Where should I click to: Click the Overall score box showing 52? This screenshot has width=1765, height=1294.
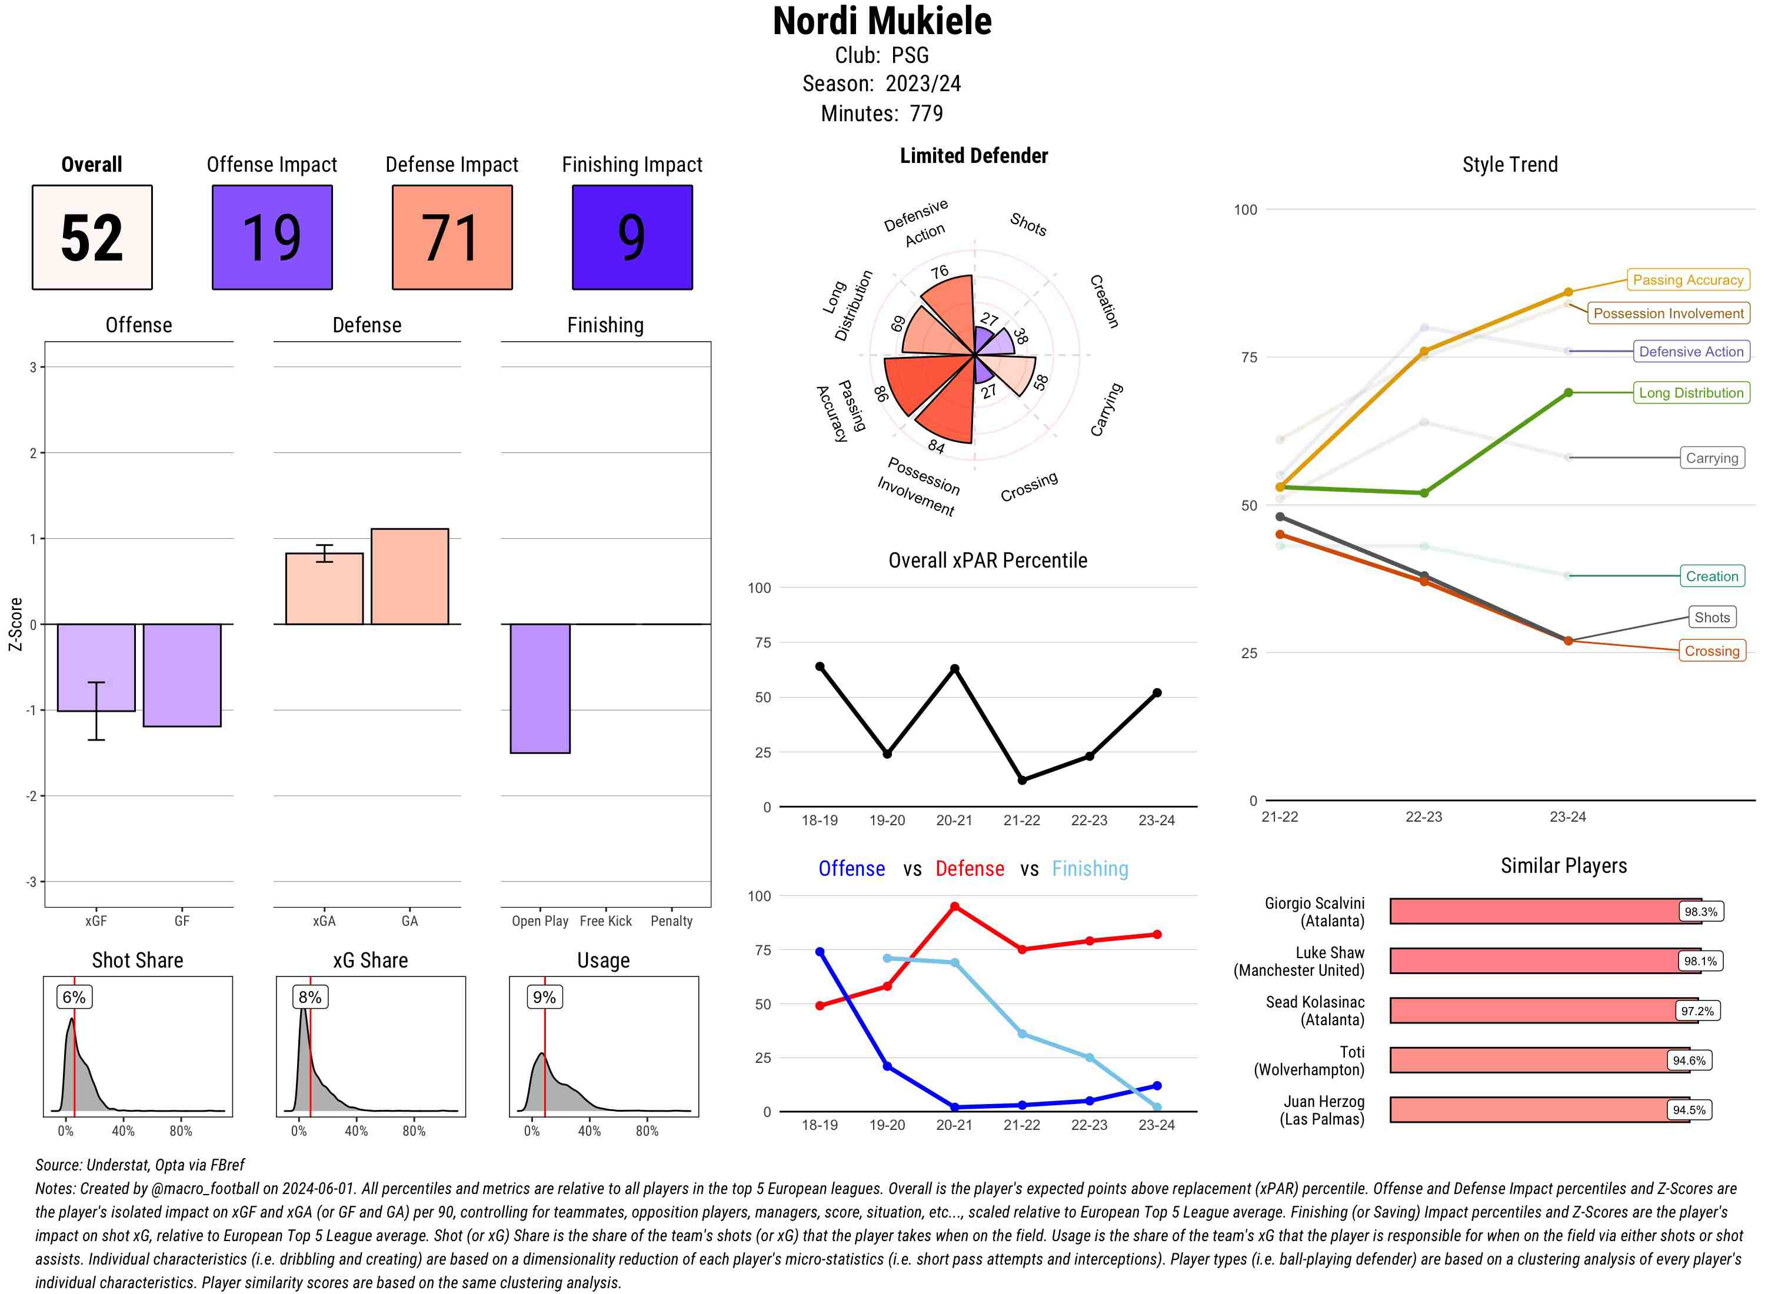point(92,238)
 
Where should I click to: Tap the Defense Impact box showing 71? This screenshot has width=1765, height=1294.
point(452,238)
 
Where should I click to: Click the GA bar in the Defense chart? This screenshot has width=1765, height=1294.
point(409,576)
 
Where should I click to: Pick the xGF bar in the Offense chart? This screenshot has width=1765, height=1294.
point(95,668)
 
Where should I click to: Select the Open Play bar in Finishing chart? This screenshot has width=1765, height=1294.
point(540,689)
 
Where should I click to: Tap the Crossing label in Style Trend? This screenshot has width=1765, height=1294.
point(1711,651)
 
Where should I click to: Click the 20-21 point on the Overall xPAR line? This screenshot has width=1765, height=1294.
point(954,669)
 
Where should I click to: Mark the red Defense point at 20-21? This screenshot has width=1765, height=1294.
point(954,906)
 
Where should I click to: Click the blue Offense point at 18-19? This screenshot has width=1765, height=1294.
point(820,952)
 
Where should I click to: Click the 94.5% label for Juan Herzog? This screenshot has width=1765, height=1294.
point(1689,1110)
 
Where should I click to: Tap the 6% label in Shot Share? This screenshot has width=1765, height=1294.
point(74,997)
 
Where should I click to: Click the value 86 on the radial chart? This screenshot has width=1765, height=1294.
point(881,393)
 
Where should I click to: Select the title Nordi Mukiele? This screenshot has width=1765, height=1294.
point(882,22)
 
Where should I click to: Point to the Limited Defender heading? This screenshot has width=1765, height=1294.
point(973,156)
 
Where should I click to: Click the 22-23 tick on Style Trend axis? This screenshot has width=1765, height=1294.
point(1423,817)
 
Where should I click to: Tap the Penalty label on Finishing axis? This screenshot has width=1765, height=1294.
point(671,921)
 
